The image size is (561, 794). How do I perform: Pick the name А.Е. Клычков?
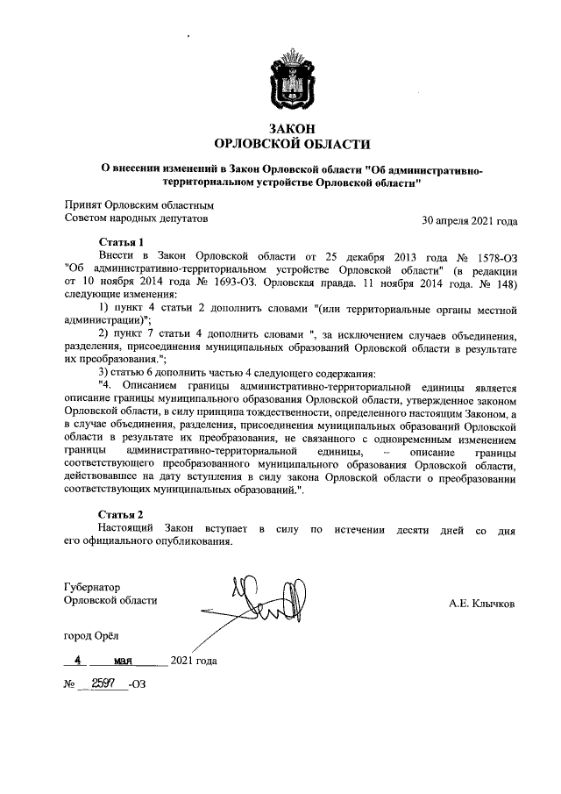point(481,604)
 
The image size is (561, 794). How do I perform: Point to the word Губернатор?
point(93,587)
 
